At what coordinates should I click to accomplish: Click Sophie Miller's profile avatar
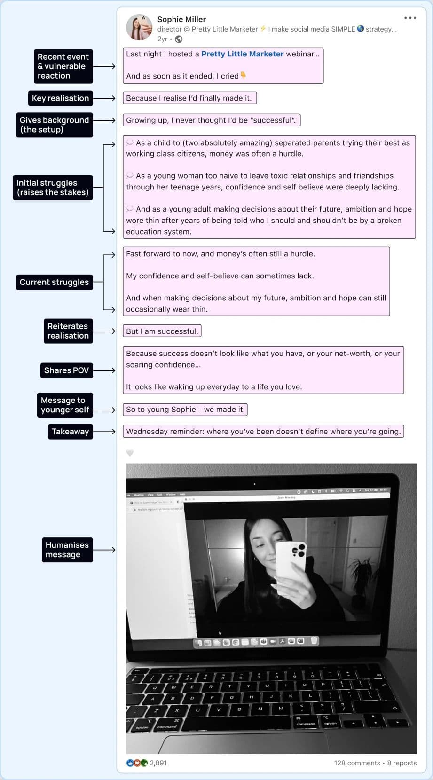click(139, 27)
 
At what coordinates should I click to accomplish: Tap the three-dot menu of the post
click(410, 18)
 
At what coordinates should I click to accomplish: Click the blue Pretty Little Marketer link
click(242, 54)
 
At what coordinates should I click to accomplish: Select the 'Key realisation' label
click(60, 98)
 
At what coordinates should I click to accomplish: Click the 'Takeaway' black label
click(70, 432)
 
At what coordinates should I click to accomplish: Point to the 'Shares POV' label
click(66, 370)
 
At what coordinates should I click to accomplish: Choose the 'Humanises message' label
click(67, 550)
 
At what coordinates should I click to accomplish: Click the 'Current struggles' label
click(54, 282)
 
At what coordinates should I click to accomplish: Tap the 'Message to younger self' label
click(64, 405)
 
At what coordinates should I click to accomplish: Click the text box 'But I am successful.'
click(162, 331)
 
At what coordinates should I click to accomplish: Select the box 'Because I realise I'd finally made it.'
click(189, 98)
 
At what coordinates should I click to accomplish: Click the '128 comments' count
click(357, 763)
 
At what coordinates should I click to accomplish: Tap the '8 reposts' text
click(402, 763)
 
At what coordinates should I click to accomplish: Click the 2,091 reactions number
click(158, 763)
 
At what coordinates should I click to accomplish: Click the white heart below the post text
click(130, 453)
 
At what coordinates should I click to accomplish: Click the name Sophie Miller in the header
click(181, 19)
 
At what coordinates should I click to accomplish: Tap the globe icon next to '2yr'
click(179, 39)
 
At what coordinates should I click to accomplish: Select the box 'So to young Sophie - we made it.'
click(185, 410)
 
